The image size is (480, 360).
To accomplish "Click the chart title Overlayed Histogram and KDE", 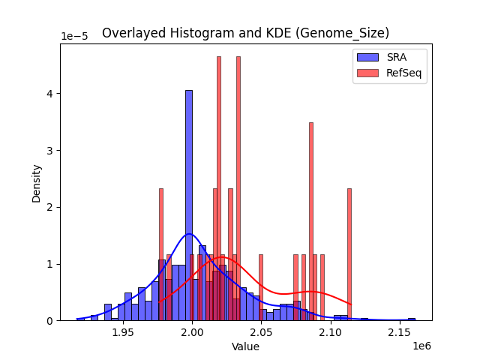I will coord(245,33).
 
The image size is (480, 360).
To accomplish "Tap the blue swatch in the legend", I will coord(367,57).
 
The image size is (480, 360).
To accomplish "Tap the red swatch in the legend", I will coord(367,72).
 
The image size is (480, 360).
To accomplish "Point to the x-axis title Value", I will coord(245,347).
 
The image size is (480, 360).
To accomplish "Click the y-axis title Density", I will coord(36,182).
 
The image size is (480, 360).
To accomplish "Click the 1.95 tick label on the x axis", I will coord(123,332).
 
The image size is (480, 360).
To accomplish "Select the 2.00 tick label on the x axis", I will coord(192,332).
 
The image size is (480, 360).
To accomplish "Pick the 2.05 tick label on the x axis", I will coord(261,332).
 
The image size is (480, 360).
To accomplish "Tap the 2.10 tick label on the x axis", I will coord(330,332).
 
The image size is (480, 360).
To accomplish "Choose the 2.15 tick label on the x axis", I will coord(399,332).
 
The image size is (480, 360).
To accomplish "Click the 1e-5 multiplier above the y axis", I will coord(74,36).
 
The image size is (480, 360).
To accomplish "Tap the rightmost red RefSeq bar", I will coord(349,255).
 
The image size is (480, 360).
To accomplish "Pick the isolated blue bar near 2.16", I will coord(411,319).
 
